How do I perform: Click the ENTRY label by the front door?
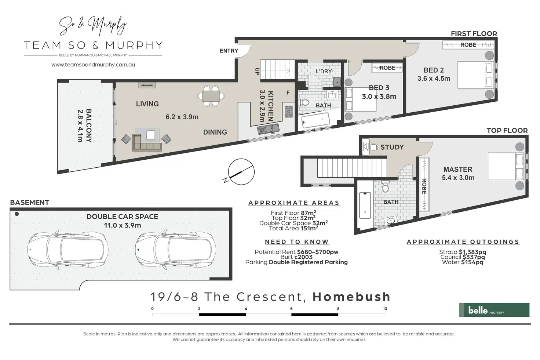[x=229, y=51]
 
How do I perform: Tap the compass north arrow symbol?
[x=241, y=172]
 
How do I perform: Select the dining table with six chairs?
[x=211, y=96]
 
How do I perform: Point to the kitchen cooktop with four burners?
[x=289, y=112]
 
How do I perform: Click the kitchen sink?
[x=268, y=129]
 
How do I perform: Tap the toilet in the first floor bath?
[x=304, y=102]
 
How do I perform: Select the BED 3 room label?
[x=379, y=88]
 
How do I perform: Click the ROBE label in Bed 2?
[x=468, y=45]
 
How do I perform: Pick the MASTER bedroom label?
[x=458, y=169]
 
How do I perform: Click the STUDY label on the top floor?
[x=392, y=147]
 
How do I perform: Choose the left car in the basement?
[x=68, y=249]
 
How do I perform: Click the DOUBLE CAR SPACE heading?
[x=123, y=217]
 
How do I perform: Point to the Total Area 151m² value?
[x=293, y=228]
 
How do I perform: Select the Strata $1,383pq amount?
[x=463, y=252]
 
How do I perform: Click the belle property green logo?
[x=494, y=310]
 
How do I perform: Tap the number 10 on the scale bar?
[x=385, y=309]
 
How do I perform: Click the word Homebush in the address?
[x=351, y=297]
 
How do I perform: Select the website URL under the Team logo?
[x=93, y=65]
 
